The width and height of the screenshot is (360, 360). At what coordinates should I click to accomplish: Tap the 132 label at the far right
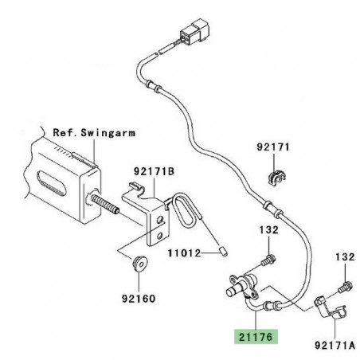pyautogui.click(x=343, y=257)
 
